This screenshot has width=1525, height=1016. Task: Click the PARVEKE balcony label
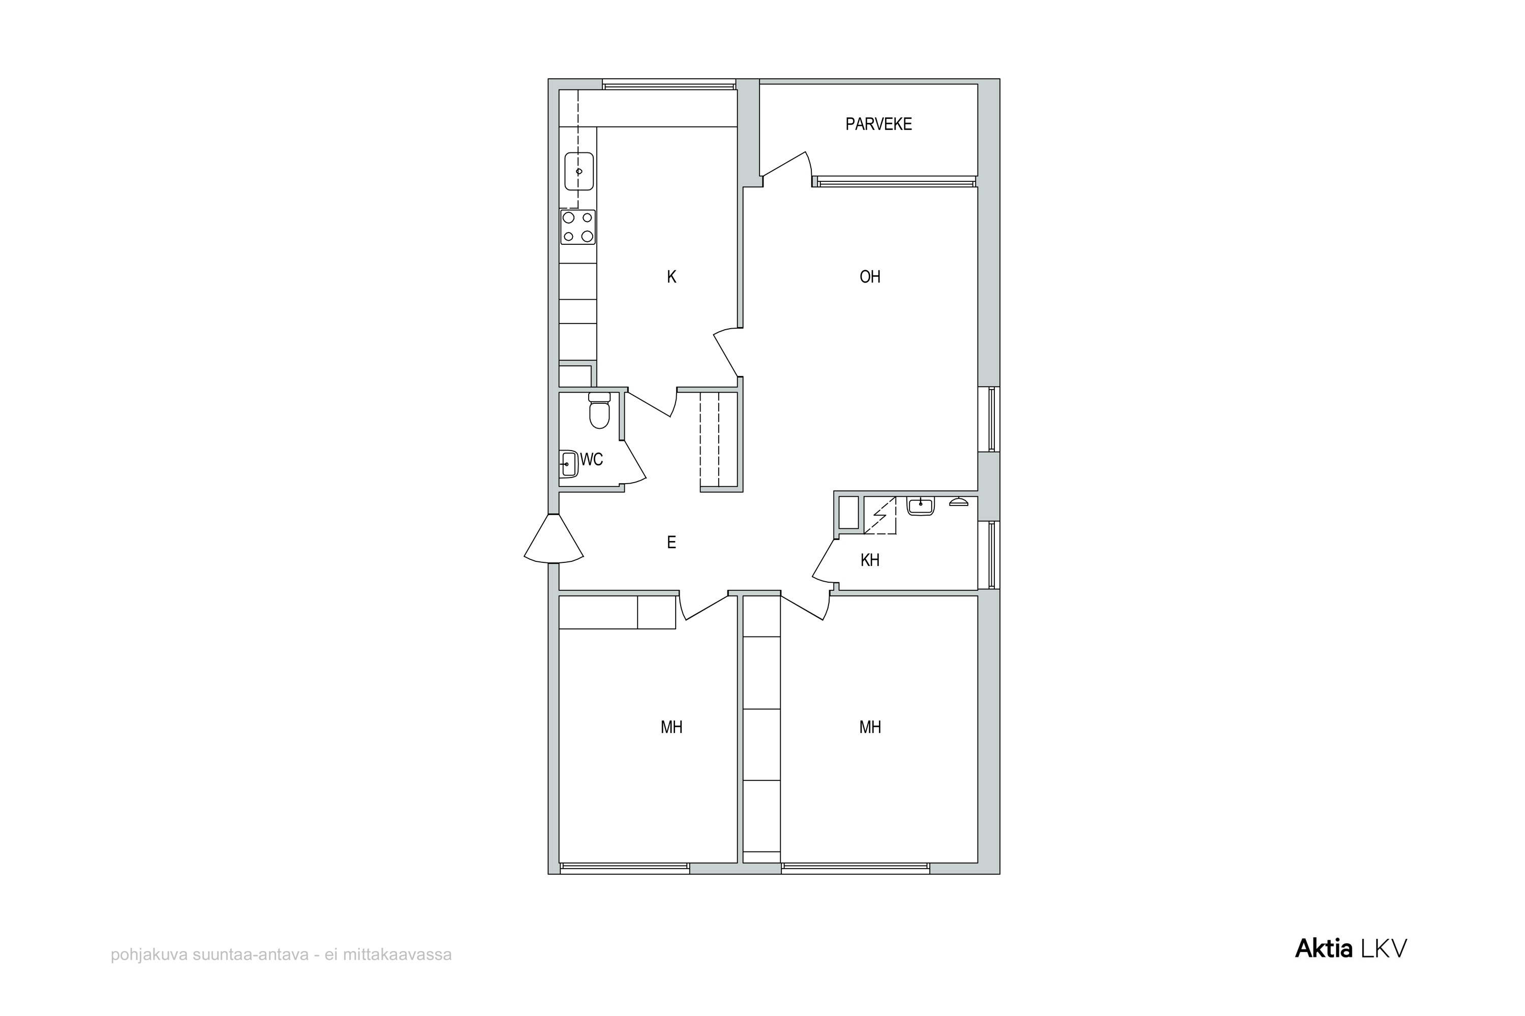click(878, 124)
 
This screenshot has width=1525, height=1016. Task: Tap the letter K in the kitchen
click(672, 277)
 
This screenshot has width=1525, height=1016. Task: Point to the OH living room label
click(870, 277)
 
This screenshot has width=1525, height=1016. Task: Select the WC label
click(591, 459)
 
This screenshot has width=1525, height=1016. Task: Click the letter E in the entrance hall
click(672, 543)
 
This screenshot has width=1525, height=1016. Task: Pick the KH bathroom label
click(870, 560)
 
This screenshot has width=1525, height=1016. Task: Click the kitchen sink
click(579, 171)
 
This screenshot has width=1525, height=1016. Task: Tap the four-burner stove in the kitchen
click(577, 227)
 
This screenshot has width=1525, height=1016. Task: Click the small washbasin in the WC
click(569, 464)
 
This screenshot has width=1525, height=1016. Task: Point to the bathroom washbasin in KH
click(921, 505)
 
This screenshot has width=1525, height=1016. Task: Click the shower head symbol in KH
click(958, 501)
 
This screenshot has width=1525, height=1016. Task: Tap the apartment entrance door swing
click(553, 538)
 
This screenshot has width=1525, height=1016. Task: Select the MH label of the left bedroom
click(672, 727)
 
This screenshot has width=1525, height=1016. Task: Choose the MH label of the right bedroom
click(870, 727)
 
